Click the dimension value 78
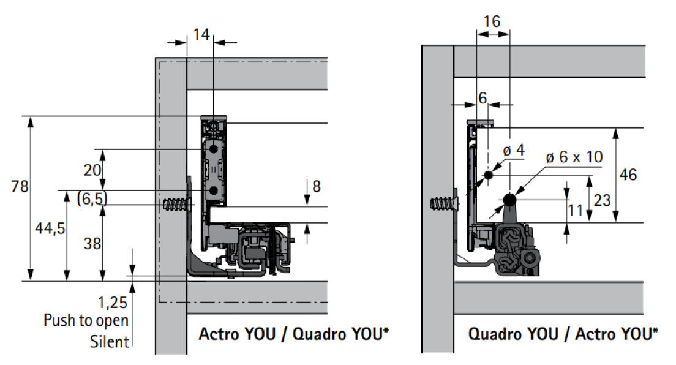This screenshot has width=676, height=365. click(x=20, y=186)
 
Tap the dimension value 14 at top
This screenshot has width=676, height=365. click(x=201, y=34)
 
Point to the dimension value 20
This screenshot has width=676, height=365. click(x=92, y=170)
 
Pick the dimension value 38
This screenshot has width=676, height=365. click(x=92, y=244)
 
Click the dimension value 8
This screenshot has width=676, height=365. click(x=316, y=186)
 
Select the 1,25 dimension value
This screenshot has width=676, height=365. click(x=112, y=301)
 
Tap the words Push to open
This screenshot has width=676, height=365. click(x=86, y=320)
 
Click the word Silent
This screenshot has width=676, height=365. click(x=110, y=341)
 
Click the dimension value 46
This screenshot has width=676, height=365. click(x=628, y=175)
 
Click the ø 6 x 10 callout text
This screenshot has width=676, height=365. click(x=574, y=157)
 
